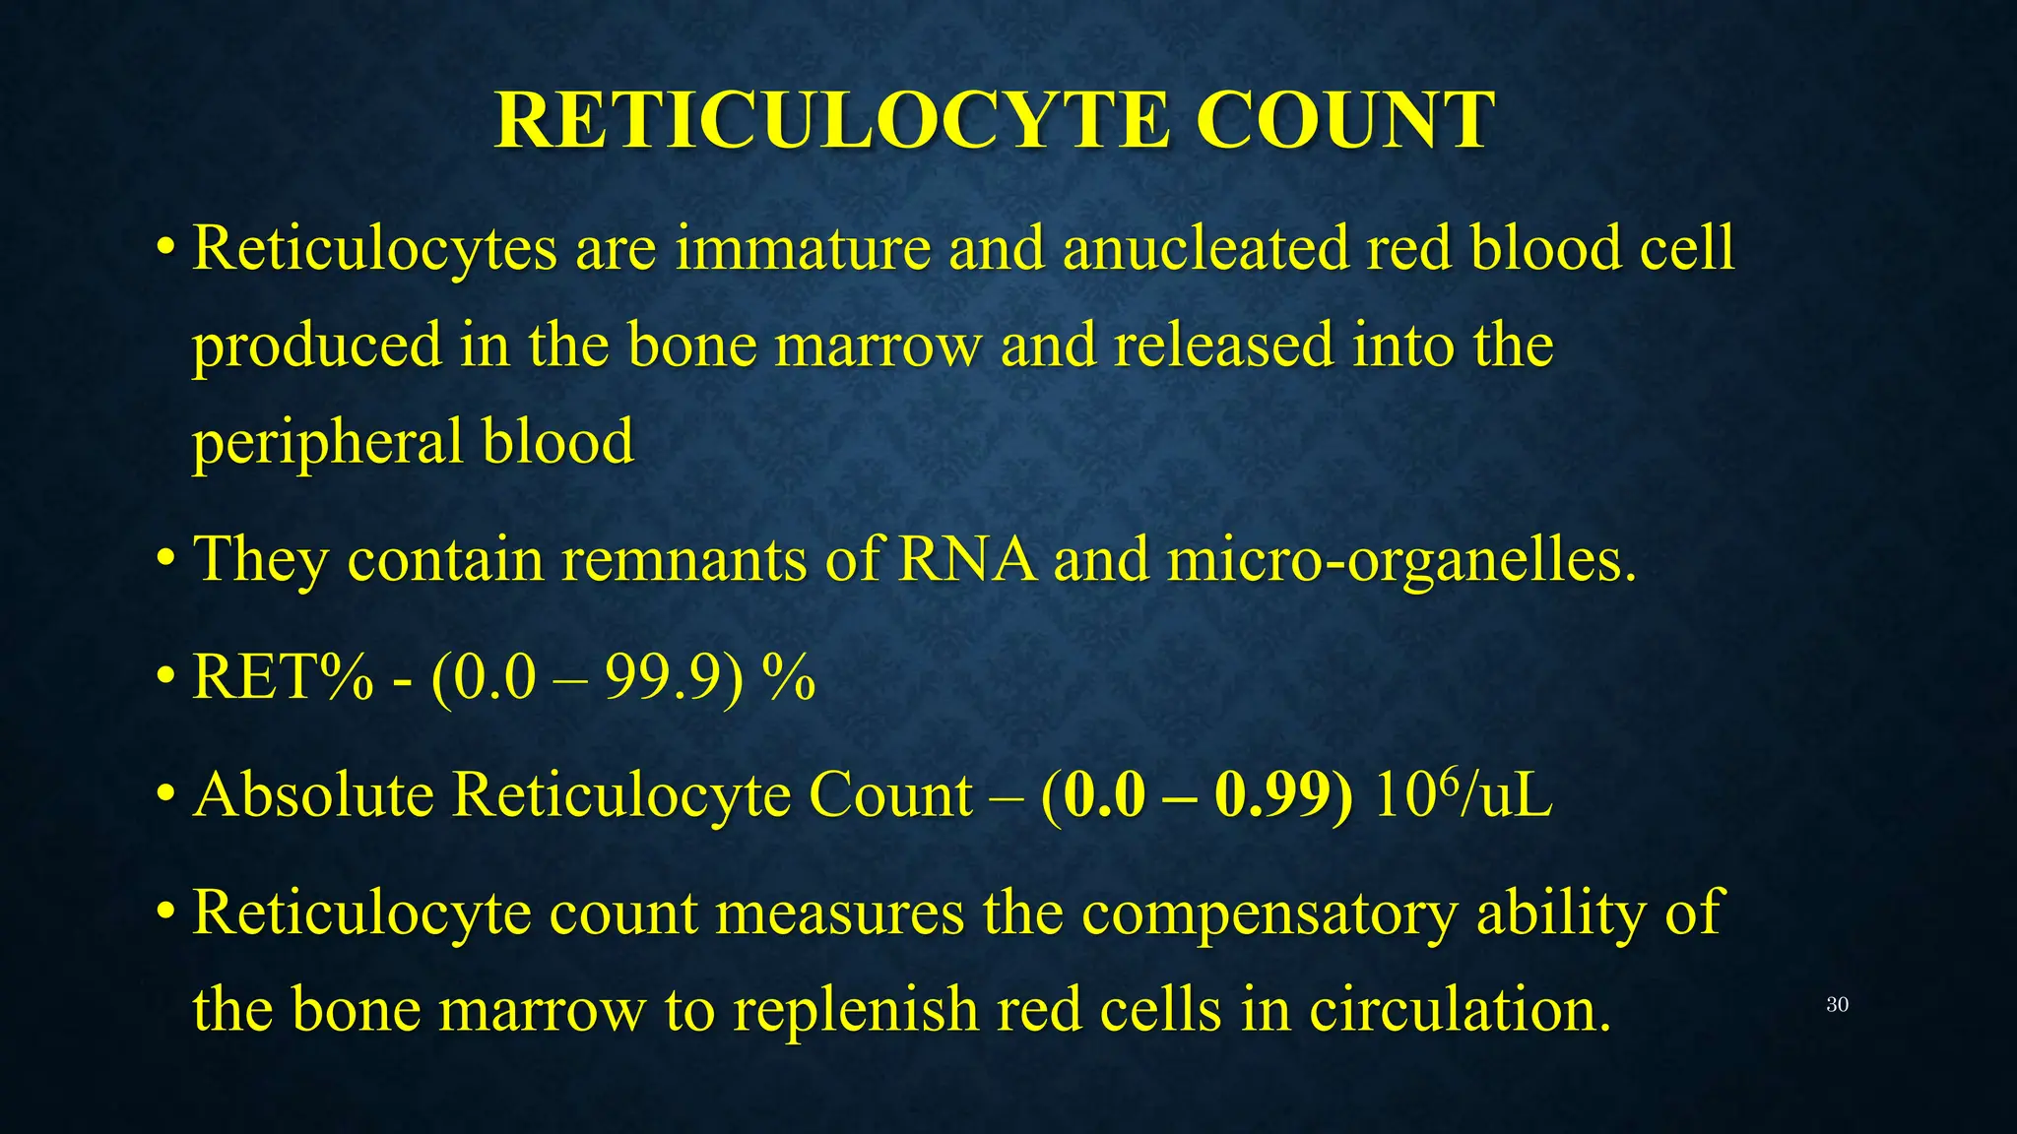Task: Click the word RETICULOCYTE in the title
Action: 832,120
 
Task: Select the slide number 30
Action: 1837,1005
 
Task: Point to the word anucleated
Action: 1204,247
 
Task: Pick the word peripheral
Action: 328,443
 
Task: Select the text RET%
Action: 283,677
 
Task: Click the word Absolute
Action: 313,794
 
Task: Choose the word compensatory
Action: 1269,913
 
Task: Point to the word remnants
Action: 684,560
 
